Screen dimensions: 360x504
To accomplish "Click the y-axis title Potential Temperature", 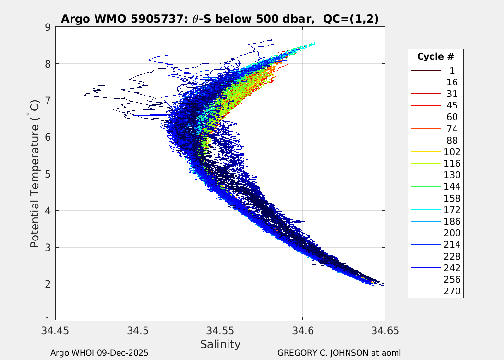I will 35,174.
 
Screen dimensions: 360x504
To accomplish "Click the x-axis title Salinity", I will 220,344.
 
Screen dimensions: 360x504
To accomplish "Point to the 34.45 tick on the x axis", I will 55,330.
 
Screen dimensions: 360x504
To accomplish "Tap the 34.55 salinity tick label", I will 220,330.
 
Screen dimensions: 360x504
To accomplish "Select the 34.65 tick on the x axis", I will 384,330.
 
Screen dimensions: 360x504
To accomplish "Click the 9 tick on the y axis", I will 48,27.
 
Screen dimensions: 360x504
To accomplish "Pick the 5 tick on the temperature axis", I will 48,173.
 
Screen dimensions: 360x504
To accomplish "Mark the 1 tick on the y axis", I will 48,320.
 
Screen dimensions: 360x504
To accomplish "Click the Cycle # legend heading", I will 435,56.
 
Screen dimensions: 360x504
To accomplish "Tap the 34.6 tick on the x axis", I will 302,330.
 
